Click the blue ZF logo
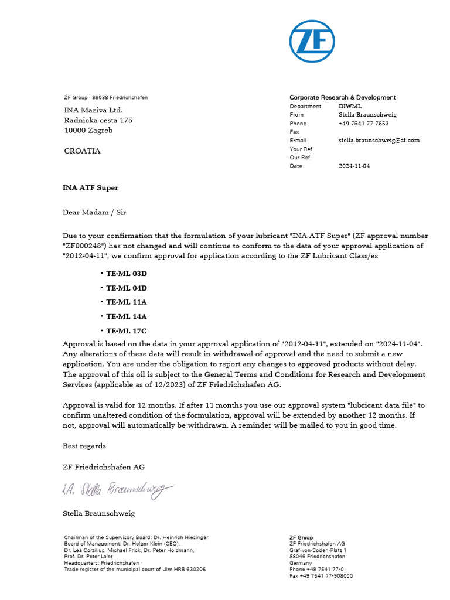[x=312, y=41]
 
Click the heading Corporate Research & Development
[x=342, y=97]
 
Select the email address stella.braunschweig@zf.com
[x=379, y=141]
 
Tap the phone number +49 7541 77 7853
[x=363, y=124]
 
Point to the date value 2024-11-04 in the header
[x=354, y=166]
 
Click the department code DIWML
[x=350, y=107]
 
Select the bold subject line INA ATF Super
[x=90, y=188]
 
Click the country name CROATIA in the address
[x=81, y=151]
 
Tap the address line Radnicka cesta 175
[x=98, y=120]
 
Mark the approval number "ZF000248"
[x=83, y=246]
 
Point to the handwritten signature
[x=117, y=491]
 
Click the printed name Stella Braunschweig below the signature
[x=98, y=513]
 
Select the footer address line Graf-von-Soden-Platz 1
[x=318, y=550]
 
